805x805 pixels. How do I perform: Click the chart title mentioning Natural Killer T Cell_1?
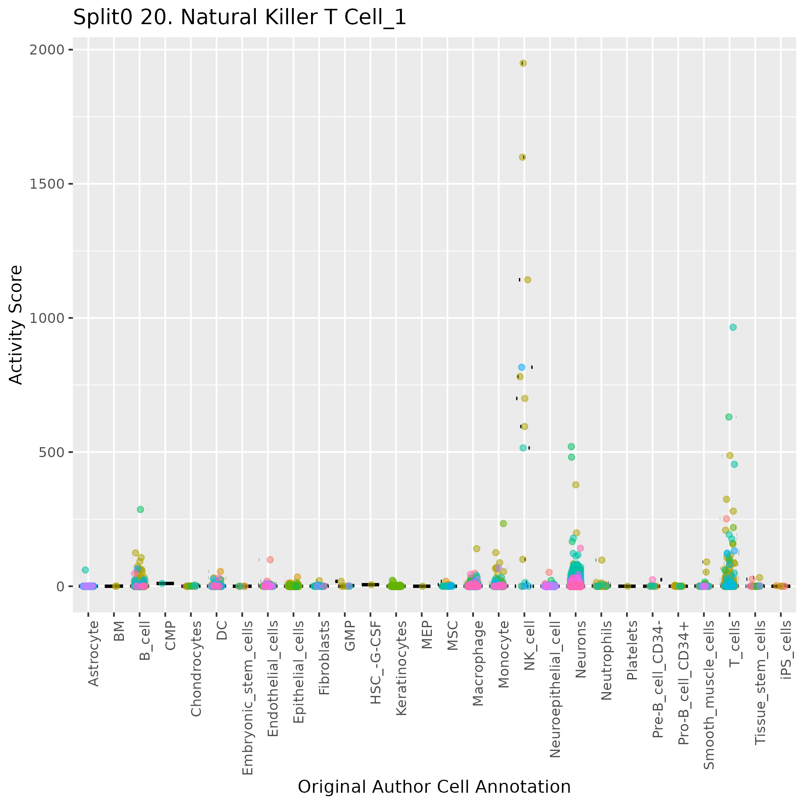pos(240,18)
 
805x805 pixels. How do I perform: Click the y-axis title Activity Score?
pos(16,324)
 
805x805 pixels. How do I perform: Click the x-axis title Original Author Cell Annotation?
pos(434,787)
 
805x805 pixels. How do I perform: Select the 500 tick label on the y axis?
pos(50,453)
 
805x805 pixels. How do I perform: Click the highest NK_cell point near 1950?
pos(523,63)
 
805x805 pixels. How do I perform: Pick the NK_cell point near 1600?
pos(522,157)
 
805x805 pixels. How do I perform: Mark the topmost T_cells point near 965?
pos(733,327)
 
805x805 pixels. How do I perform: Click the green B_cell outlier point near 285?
pos(140,509)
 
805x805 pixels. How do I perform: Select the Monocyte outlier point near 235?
pos(503,523)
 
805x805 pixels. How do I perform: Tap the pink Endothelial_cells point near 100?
pos(270,560)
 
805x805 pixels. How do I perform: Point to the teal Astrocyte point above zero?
pos(85,570)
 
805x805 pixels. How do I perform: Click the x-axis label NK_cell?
pos(529,645)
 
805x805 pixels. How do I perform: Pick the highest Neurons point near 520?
pos(571,446)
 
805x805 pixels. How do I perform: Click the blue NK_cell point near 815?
pos(522,367)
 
